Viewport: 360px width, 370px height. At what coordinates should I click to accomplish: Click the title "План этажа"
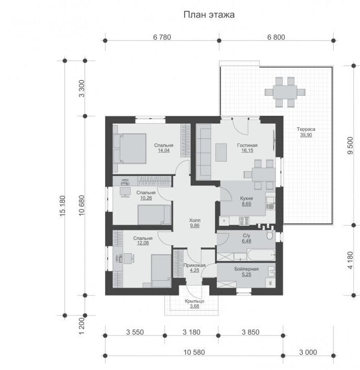tap(209, 15)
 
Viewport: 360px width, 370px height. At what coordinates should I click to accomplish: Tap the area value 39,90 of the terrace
tap(306, 135)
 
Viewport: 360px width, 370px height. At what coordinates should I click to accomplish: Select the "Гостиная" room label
tap(247, 145)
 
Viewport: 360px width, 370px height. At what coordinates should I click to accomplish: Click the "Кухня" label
tap(246, 198)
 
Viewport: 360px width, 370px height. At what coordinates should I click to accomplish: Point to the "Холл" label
tap(195, 220)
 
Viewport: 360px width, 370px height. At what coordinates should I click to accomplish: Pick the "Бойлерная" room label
tap(246, 269)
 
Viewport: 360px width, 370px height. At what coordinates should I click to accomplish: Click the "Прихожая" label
tap(195, 265)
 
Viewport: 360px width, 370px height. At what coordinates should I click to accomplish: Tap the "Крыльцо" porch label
tap(195, 301)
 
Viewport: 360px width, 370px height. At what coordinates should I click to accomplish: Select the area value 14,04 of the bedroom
tap(163, 151)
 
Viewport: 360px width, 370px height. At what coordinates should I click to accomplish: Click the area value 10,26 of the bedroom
tap(146, 198)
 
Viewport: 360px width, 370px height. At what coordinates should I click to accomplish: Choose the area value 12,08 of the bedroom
tap(143, 243)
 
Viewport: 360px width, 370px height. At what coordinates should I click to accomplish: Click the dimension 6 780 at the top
tap(162, 37)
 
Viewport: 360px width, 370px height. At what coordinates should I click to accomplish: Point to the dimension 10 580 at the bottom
tap(195, 353)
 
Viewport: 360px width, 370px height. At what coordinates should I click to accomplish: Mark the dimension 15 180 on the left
tap(62, 206)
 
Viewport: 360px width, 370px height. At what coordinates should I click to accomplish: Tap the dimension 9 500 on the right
tap(350, 145)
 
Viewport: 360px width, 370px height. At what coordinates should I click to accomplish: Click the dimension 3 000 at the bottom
tap(308, 353)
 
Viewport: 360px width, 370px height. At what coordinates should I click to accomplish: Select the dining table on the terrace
tap(285, 92)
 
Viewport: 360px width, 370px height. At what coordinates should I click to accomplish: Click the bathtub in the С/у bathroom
tap(261, 255)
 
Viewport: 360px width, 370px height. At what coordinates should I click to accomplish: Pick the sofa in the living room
tap(204, 152)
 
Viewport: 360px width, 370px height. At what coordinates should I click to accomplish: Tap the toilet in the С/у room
tap(270, 235)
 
